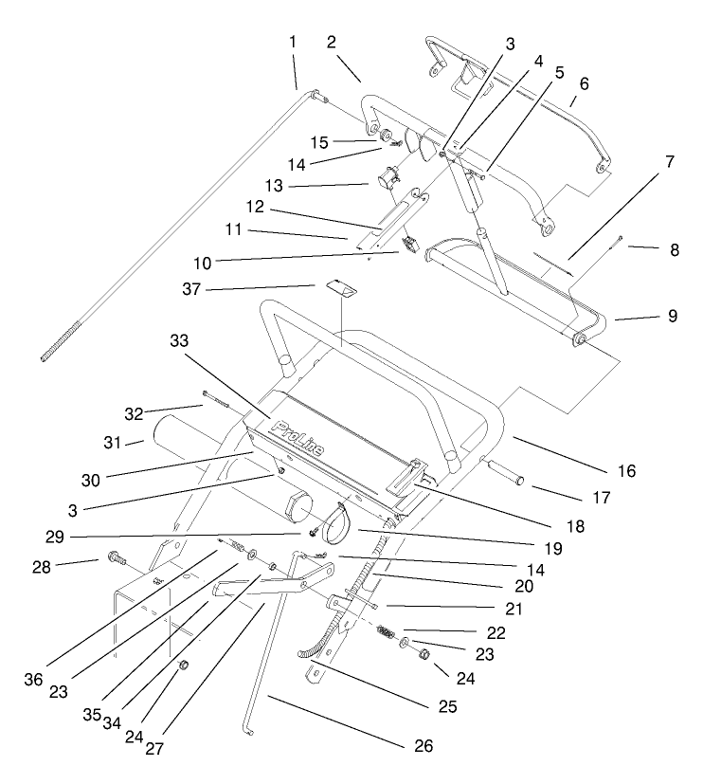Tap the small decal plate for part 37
338,286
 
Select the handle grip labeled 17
506,473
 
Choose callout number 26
424,746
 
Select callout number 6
585,83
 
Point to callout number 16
625,470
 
